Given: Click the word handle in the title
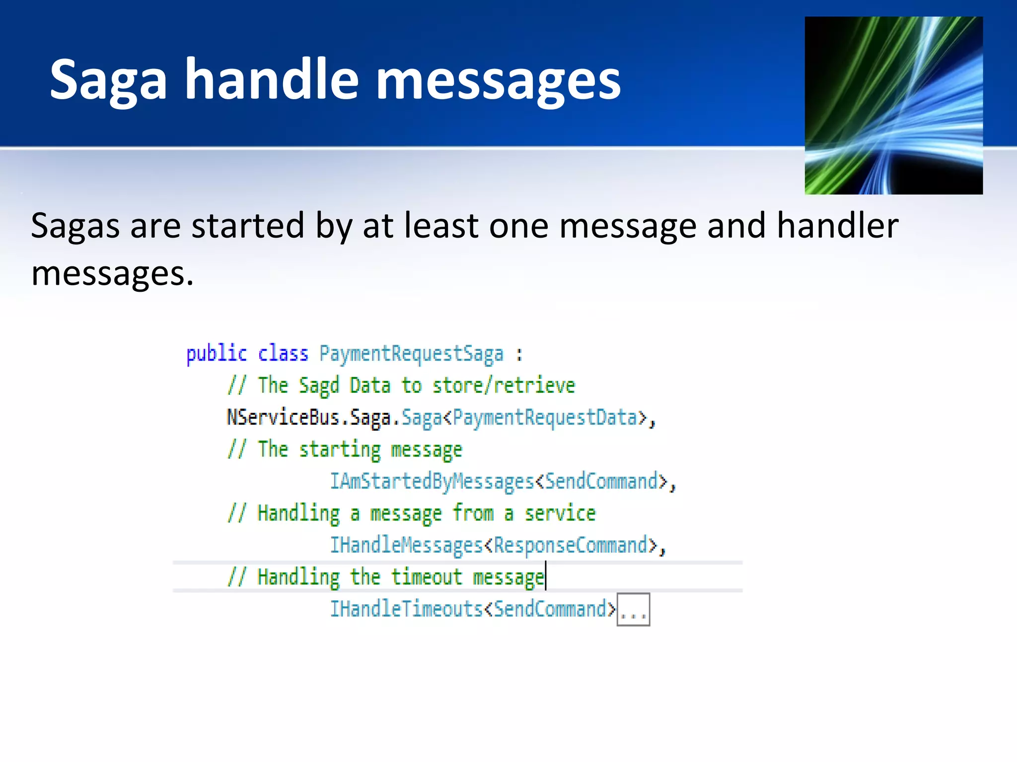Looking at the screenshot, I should (272, 79).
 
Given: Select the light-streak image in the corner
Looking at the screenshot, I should (893, 105).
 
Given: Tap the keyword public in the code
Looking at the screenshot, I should (216, 354).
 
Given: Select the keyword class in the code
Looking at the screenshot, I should (283, 354).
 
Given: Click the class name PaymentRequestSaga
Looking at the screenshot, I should (411, 354).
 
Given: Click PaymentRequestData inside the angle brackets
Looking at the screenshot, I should (545, 418).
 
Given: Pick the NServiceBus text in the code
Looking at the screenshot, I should (283, 418).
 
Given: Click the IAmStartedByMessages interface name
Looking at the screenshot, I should (432, 482).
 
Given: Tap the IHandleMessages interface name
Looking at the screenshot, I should (406, 545).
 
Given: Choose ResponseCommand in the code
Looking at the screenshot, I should (571, 545).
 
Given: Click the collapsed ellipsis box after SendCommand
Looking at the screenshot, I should (633, 610).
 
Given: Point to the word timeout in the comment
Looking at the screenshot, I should (426, 577).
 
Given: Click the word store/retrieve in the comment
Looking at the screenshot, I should (504, 385).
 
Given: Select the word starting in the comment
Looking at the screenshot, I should (340, 449).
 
